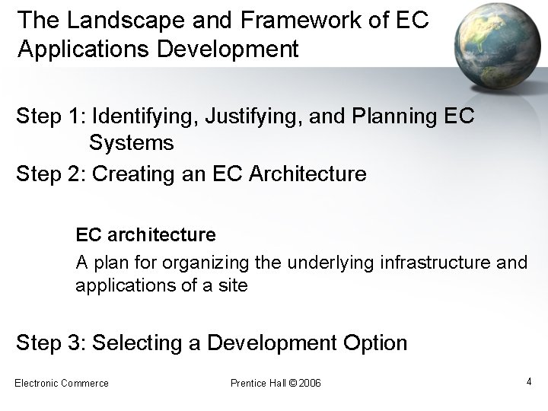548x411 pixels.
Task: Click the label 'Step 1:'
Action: coord(50,118)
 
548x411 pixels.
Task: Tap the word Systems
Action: coord(131,142)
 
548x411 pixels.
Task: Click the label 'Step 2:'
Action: coord(50,174)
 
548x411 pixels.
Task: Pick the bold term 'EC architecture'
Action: coord(145,233)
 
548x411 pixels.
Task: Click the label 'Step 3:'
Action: coord(50,343)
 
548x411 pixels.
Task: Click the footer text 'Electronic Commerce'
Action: coord(62,382)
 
